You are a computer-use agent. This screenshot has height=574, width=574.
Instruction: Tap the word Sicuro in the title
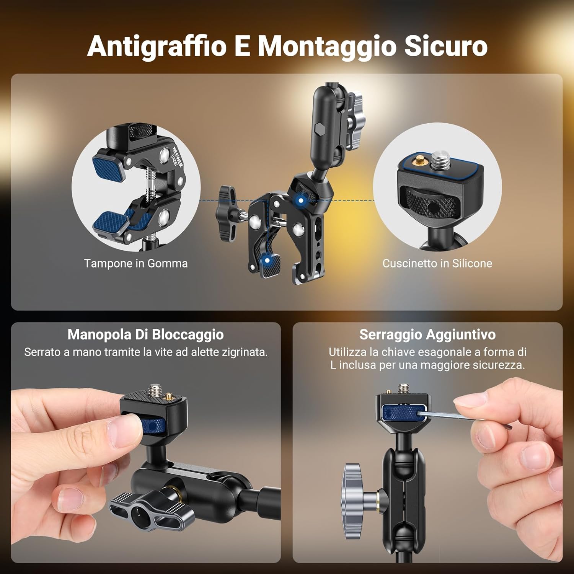click(x=446, y=46)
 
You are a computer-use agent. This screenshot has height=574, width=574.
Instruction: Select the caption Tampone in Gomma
click(x=136, y=264)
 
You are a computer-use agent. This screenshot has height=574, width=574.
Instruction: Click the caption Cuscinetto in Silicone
click(x=437, y=264)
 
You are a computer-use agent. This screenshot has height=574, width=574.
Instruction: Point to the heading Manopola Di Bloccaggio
click(x=145, y=334)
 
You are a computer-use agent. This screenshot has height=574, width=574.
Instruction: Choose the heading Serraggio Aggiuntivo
click(x=427, y=334)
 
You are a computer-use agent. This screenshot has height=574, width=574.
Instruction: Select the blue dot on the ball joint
click(x=301, y=201)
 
